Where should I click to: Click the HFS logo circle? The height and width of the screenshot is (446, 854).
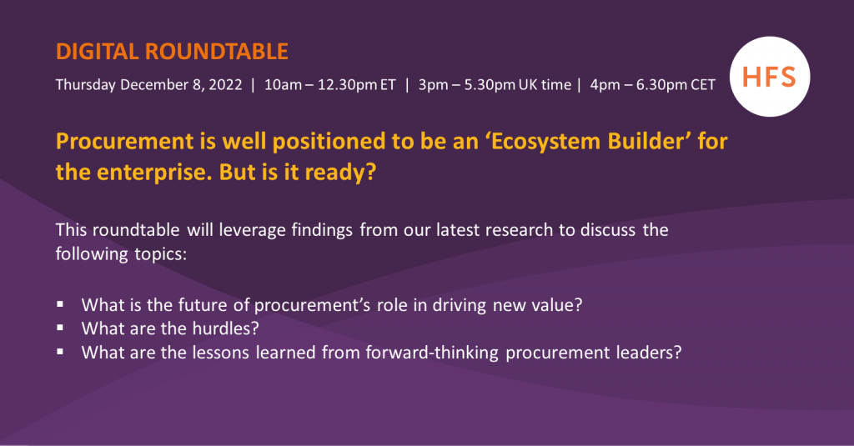[768, 78]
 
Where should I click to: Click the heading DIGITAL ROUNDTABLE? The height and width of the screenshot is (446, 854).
[172, 52]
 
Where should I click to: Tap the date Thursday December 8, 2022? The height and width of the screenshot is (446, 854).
[148, 85]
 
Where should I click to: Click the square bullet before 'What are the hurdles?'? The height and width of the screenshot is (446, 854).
[61, 328]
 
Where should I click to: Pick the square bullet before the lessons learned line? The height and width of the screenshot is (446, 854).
[61, 352]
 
